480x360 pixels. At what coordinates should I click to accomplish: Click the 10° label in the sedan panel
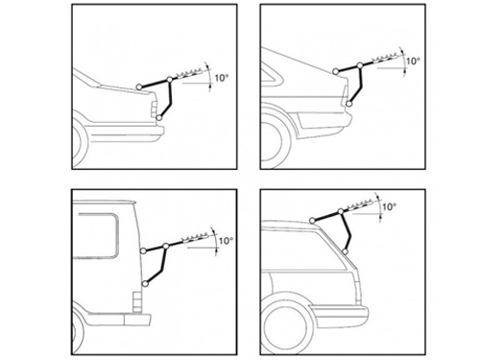pos(221,78)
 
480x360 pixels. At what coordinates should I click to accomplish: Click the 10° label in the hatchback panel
pos(413,60)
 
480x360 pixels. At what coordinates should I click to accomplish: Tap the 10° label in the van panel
pos(226,240)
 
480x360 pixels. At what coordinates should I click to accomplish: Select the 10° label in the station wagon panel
pos(389,206)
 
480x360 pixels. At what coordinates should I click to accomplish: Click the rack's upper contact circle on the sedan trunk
pos(139,86)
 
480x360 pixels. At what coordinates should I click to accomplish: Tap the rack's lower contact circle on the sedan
pos(159,118)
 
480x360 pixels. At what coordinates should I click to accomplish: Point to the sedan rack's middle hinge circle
pos(170,79)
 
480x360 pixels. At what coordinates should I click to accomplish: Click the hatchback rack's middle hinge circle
pos(360,65)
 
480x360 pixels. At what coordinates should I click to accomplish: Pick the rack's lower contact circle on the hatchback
pos(349,104)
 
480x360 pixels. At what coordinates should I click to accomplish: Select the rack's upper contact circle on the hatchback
pos(335,71)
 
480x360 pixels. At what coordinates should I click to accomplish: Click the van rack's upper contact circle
pos(143,251)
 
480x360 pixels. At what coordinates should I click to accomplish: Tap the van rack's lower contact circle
pos(146,283)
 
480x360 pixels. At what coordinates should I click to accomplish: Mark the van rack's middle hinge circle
pos(166,246)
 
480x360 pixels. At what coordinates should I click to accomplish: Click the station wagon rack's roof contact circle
pos(312,220)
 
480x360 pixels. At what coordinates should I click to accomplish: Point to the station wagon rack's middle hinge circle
pos(341,211)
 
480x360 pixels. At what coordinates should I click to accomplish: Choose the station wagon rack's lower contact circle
pos(345,252)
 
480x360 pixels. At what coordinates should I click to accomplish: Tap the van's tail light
pos(136,301)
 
